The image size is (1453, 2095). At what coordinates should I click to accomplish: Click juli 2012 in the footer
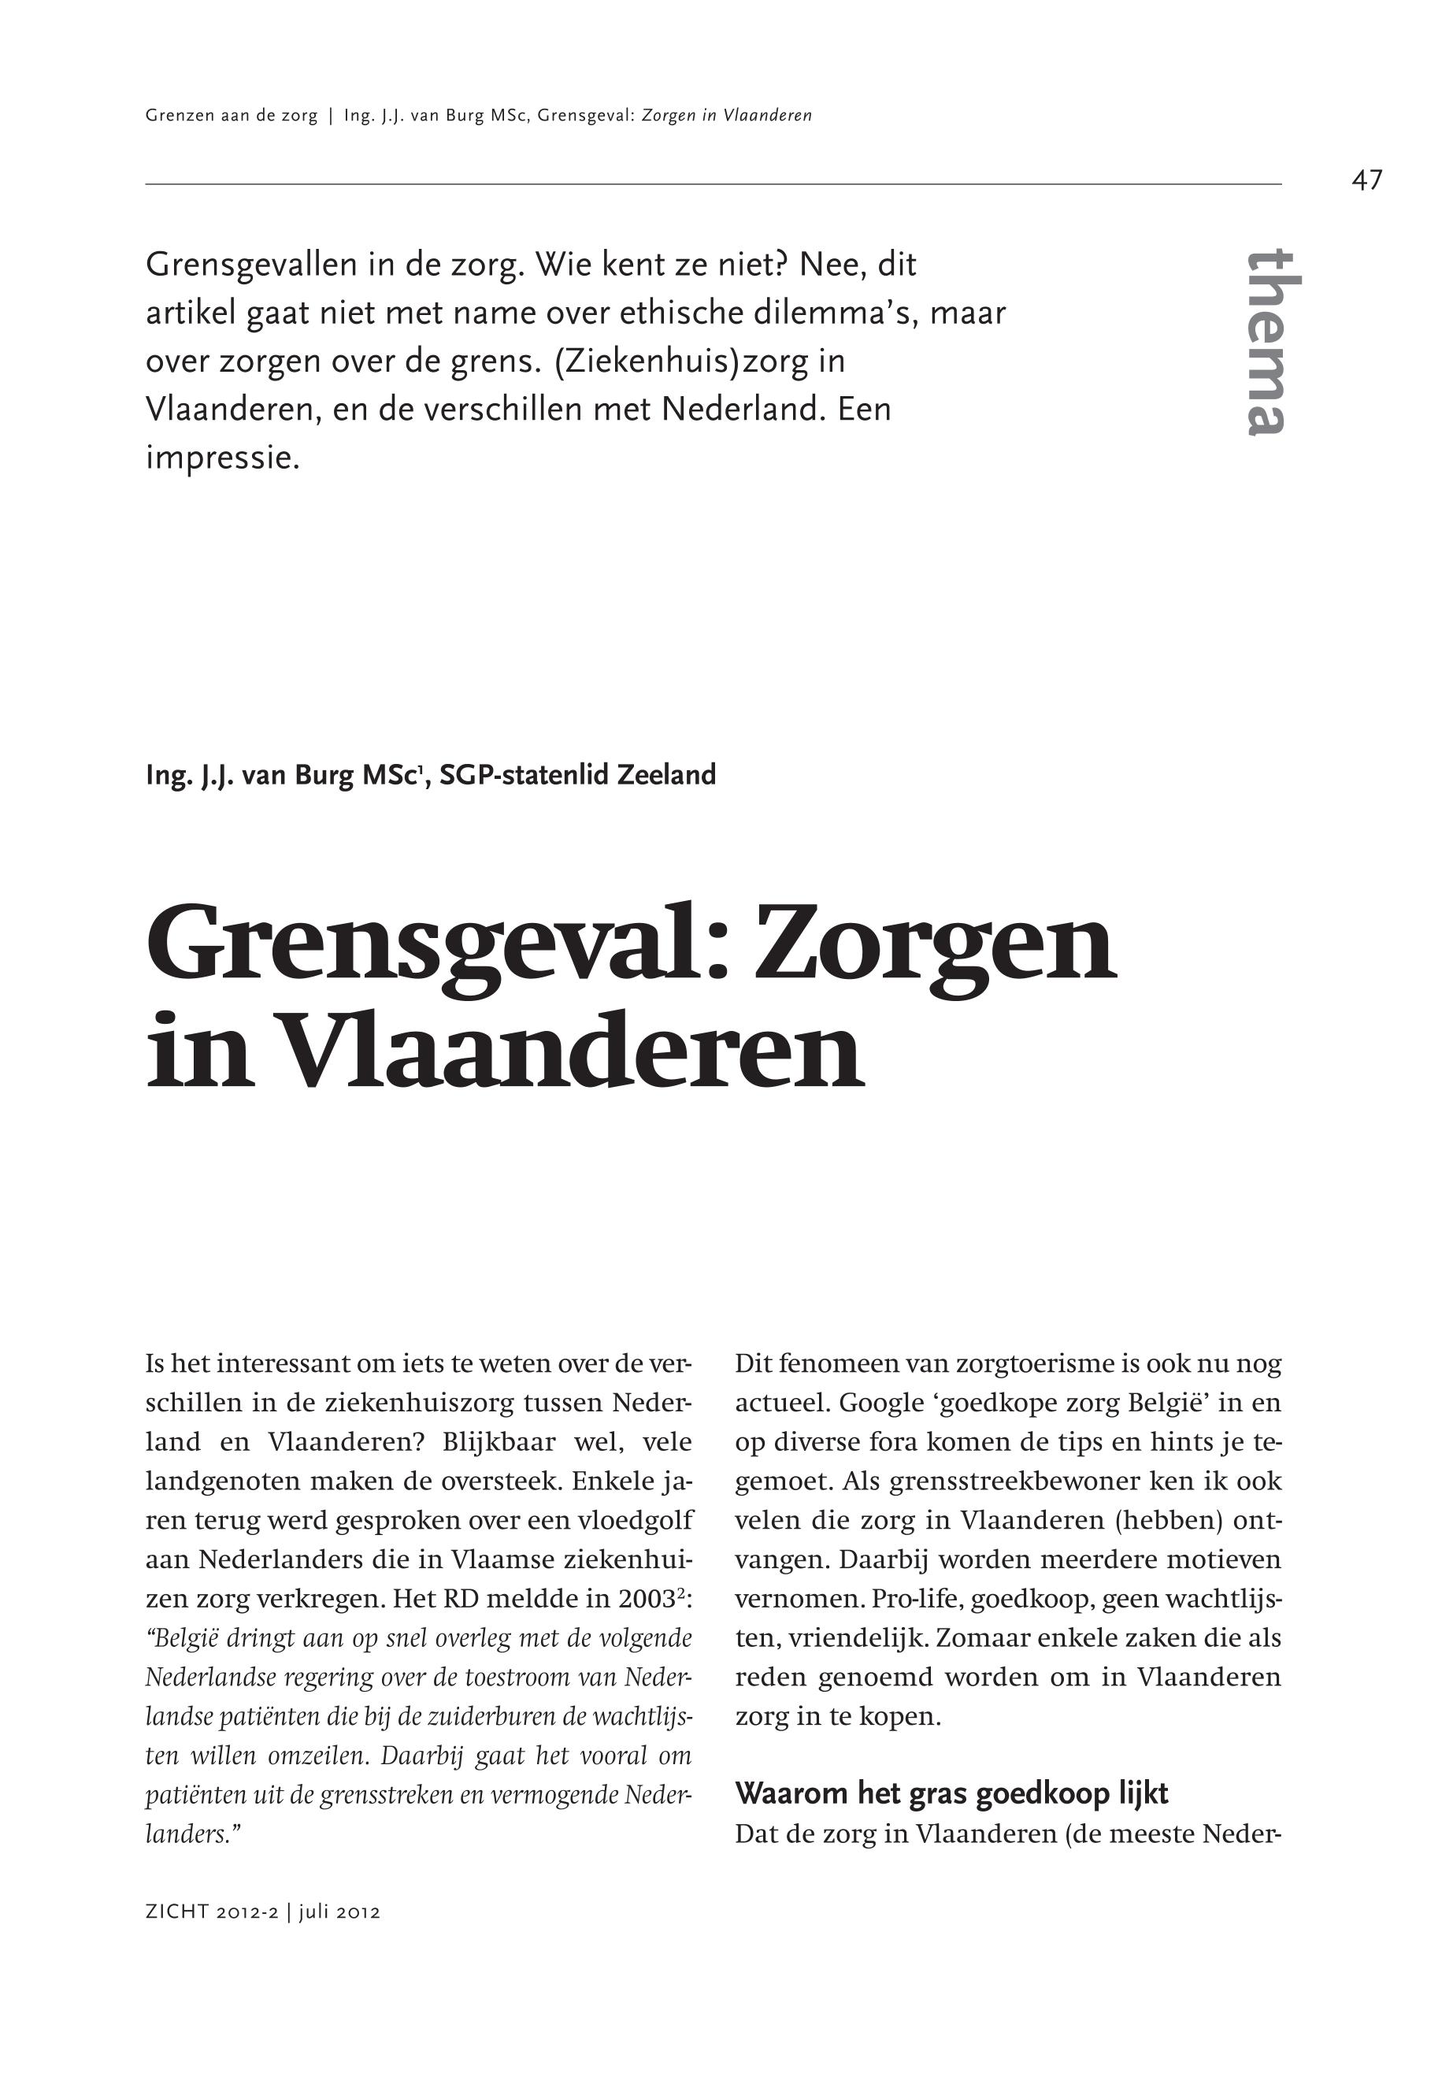pos(339,1912)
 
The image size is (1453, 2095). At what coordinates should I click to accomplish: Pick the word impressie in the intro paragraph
pos(222,458)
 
